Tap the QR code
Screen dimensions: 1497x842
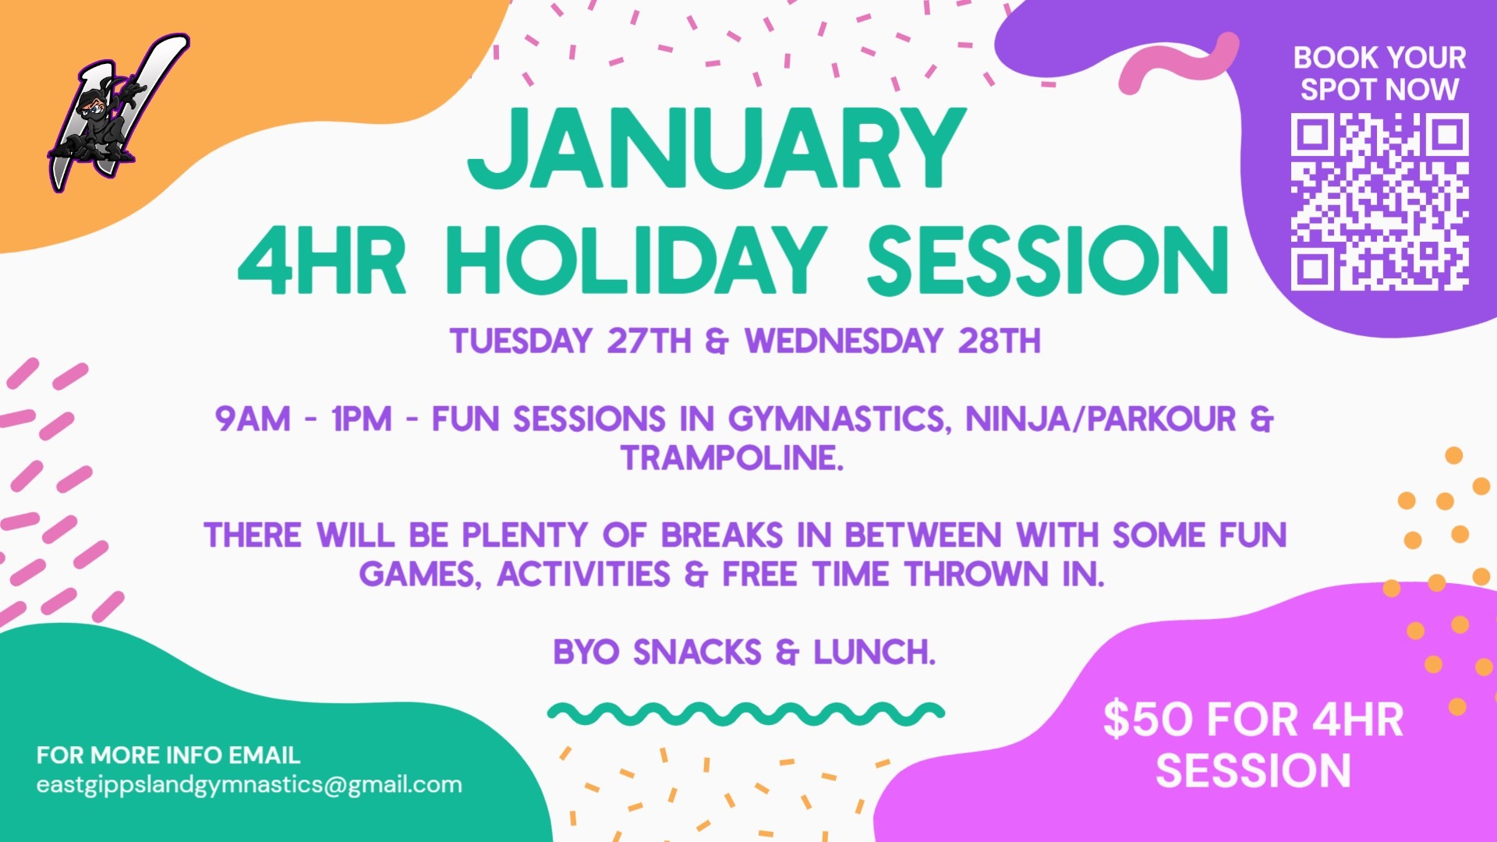1379,202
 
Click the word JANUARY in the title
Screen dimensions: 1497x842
717,148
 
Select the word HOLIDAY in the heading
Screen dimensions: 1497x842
635,260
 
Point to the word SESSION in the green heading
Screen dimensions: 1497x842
1047,260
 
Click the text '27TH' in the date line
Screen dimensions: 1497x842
649,341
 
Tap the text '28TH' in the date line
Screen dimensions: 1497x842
999,341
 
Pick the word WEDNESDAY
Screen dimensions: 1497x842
844,341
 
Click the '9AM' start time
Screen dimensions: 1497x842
253,419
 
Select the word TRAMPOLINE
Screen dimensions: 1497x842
732,458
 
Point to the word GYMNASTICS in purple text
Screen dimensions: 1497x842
840,419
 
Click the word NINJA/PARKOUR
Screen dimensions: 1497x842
1101,419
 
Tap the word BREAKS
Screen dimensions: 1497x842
722,536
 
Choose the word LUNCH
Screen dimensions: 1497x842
874,652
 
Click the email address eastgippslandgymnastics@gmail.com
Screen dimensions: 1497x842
249,784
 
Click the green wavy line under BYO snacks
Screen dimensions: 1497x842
746,713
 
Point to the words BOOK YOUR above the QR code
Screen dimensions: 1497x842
1379,58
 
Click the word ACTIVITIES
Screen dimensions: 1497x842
583,575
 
